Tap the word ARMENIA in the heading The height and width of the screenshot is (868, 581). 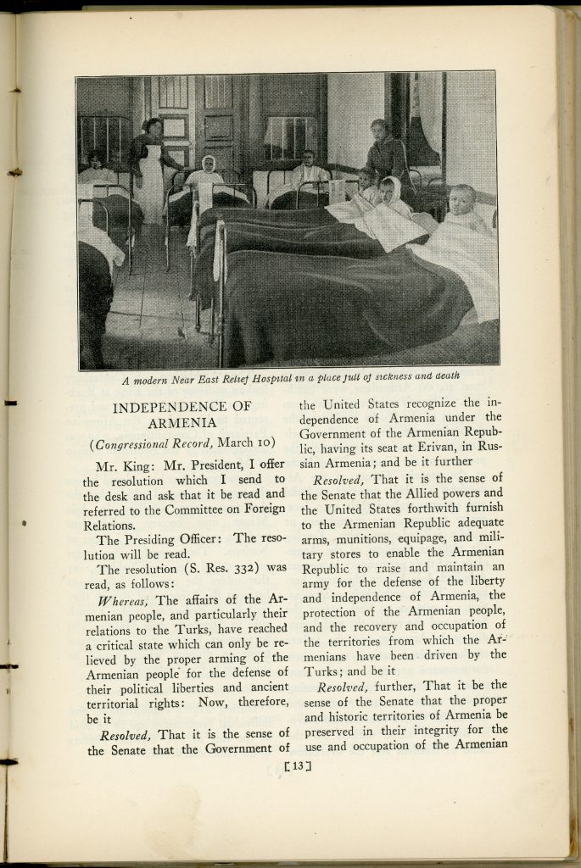tap(182, 423)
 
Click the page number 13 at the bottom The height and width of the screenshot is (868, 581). tap(298, 768)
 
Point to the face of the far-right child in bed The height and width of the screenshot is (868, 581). tap(462, 201)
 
